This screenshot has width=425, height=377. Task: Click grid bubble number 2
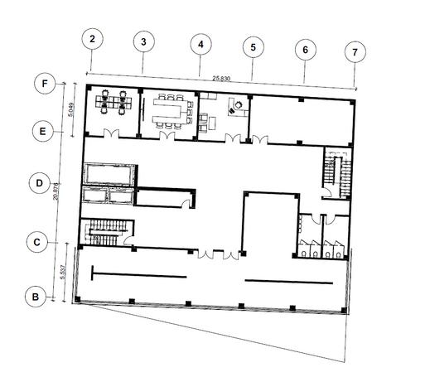[x=93, y=39]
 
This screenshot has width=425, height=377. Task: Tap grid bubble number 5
[x=254, y=47]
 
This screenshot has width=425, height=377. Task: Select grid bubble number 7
[x=355, y=52]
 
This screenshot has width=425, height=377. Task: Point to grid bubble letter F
[x=45, y=84]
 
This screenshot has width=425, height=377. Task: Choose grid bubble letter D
[x=40, y=183]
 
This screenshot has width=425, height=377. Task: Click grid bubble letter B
[x=36, y=297]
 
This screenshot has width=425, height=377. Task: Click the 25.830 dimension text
[x=221, y=79]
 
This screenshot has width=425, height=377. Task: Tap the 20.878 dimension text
[x=56, y=191]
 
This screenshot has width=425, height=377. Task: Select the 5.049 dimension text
[x=70, y=109]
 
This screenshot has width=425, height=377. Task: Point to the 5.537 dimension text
[x=63, y=272]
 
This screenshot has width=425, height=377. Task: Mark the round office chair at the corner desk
[x=239, y=105]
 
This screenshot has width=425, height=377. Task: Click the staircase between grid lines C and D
[x=107, y=232]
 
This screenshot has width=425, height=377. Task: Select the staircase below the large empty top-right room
[x=337, y=173]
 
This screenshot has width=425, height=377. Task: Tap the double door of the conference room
[x=167, y=136]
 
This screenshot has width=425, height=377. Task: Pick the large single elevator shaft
[x=109, y=175]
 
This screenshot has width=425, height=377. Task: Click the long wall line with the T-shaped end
[x=139, y=275]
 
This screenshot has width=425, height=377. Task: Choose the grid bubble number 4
[x=201, y=45]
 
